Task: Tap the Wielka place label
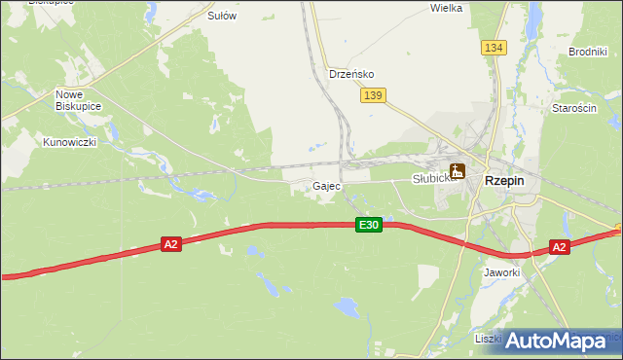click(x=446, y=8)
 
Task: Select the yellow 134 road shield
click(x=494, y=47)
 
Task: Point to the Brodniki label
click(x=588, y=52)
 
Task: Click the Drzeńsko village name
click(x=351, y=74)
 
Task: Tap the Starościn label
click(x=573, y=108)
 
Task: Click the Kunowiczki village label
click(x=68, y=142)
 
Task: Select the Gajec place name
click(x=326, y=186)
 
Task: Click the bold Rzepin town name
click(x=504, y=180)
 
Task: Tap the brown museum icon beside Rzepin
click(x=458, y=171)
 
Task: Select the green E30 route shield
click(x=368, y=225)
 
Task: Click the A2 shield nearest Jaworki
click(x=559, y=247)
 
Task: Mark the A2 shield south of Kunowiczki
click(x=170, y=245)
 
